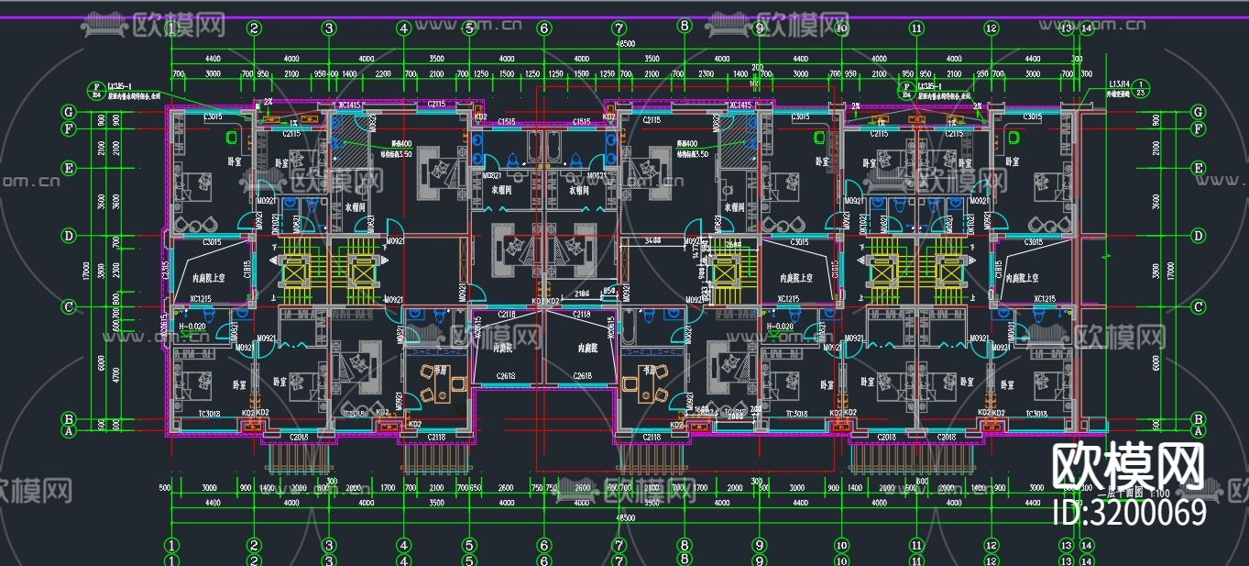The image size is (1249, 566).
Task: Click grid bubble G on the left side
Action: tap(68, 111)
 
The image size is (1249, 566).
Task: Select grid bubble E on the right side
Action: tap(1198, 168)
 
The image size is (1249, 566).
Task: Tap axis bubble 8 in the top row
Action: tap(684, 27)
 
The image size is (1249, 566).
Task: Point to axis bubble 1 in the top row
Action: tap(171, 28)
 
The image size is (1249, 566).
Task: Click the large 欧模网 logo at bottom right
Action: tap(1128, 467)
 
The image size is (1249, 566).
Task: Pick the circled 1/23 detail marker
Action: tap(1142, 89)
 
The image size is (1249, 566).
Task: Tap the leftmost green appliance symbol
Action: tap(230, 139)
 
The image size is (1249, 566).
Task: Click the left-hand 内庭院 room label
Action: tap(502, 349)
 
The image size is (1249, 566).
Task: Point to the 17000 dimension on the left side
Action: tap(85, 272)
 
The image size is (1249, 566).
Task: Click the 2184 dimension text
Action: tap(582, 294)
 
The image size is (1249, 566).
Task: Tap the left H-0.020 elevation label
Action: tap(191, 327)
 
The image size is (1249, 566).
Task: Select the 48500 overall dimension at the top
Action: tap(626, 44)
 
